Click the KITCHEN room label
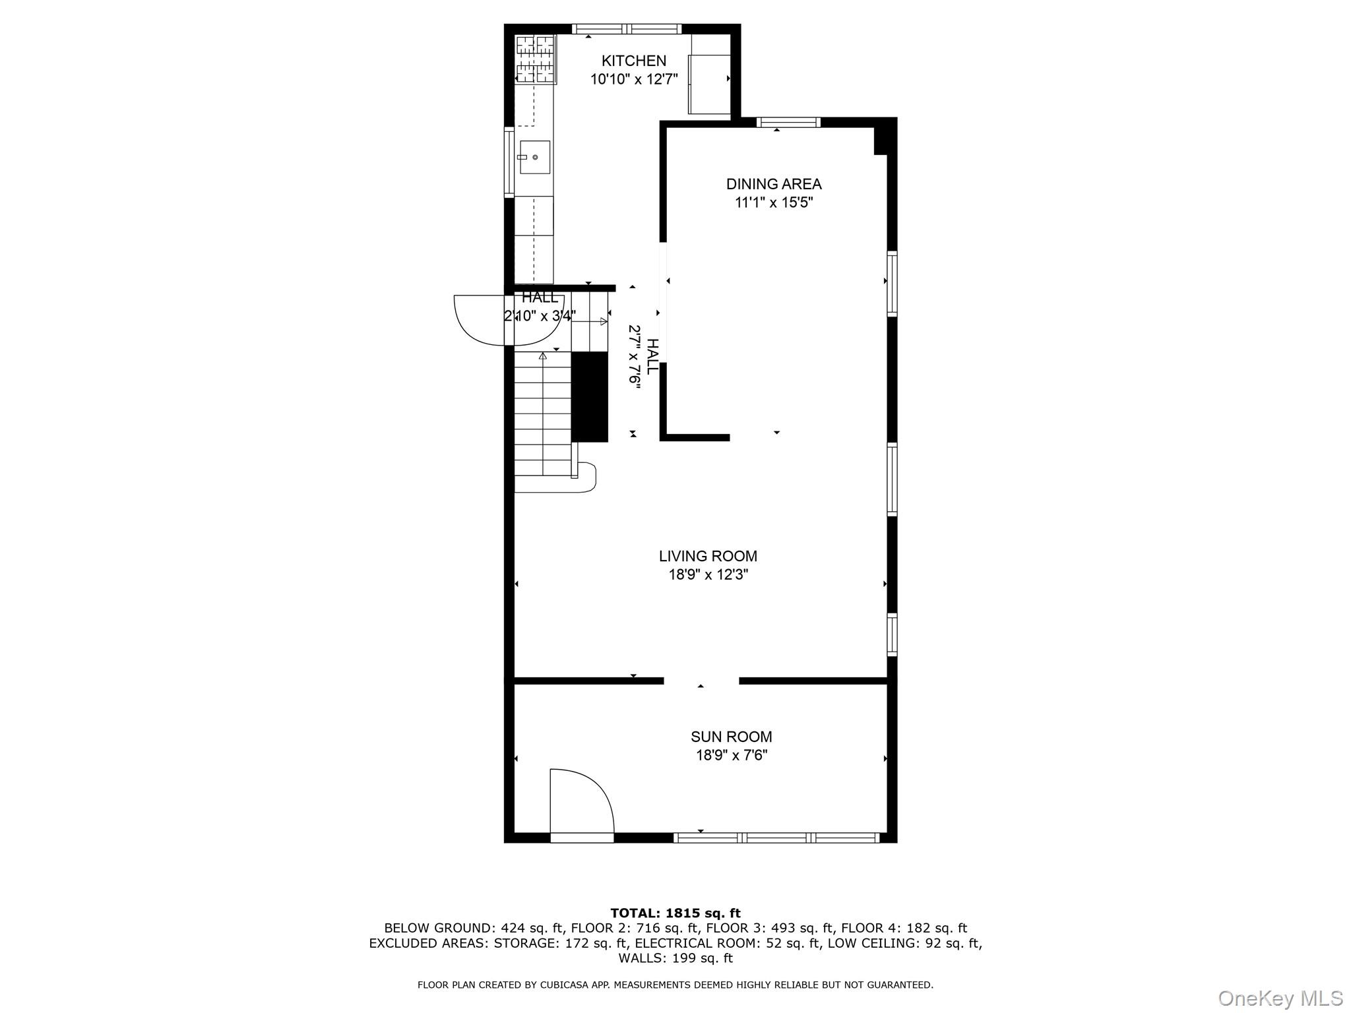(633, 61)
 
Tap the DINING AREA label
(774, 184)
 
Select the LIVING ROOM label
(708, 556)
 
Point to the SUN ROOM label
(731, 737)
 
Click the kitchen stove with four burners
(536, 59)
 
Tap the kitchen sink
(534, 157)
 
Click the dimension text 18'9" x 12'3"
(708, 575)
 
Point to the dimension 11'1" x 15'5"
(774, 202)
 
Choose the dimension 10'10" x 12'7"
(633, 80)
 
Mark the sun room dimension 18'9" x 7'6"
(731, 755)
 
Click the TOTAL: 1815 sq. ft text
(675, 913)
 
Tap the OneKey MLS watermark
(1280, 998)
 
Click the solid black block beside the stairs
(589, 396)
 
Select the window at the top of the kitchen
(626, 28)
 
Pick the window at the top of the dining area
(788, 122)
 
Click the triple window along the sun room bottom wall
(776, 838)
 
